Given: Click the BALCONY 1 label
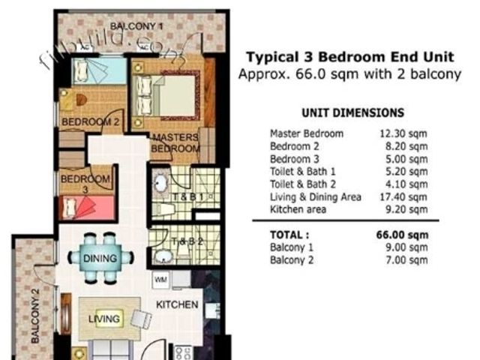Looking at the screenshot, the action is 136,26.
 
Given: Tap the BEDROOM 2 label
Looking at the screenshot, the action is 90,121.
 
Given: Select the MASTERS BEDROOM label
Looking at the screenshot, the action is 175,143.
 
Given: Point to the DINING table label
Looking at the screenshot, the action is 100,258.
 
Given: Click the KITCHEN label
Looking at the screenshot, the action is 177,304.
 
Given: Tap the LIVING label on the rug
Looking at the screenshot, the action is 104,319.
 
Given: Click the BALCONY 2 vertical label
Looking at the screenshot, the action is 35,316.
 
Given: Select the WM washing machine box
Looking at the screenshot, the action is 160,280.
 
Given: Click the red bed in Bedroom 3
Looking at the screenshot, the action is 88,208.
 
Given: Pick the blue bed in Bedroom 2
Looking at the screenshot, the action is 100,70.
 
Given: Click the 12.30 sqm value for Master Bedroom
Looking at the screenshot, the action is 403,133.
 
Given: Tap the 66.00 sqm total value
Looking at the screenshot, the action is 402,235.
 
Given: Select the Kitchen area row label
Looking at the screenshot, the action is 298,210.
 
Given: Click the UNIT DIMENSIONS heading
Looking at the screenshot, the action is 352,113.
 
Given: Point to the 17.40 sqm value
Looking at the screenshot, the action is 403,197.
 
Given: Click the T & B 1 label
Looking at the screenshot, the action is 187,196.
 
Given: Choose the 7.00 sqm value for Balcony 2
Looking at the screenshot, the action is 406,260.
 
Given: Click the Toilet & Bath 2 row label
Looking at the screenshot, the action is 303,184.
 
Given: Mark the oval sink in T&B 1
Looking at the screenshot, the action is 160,184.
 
